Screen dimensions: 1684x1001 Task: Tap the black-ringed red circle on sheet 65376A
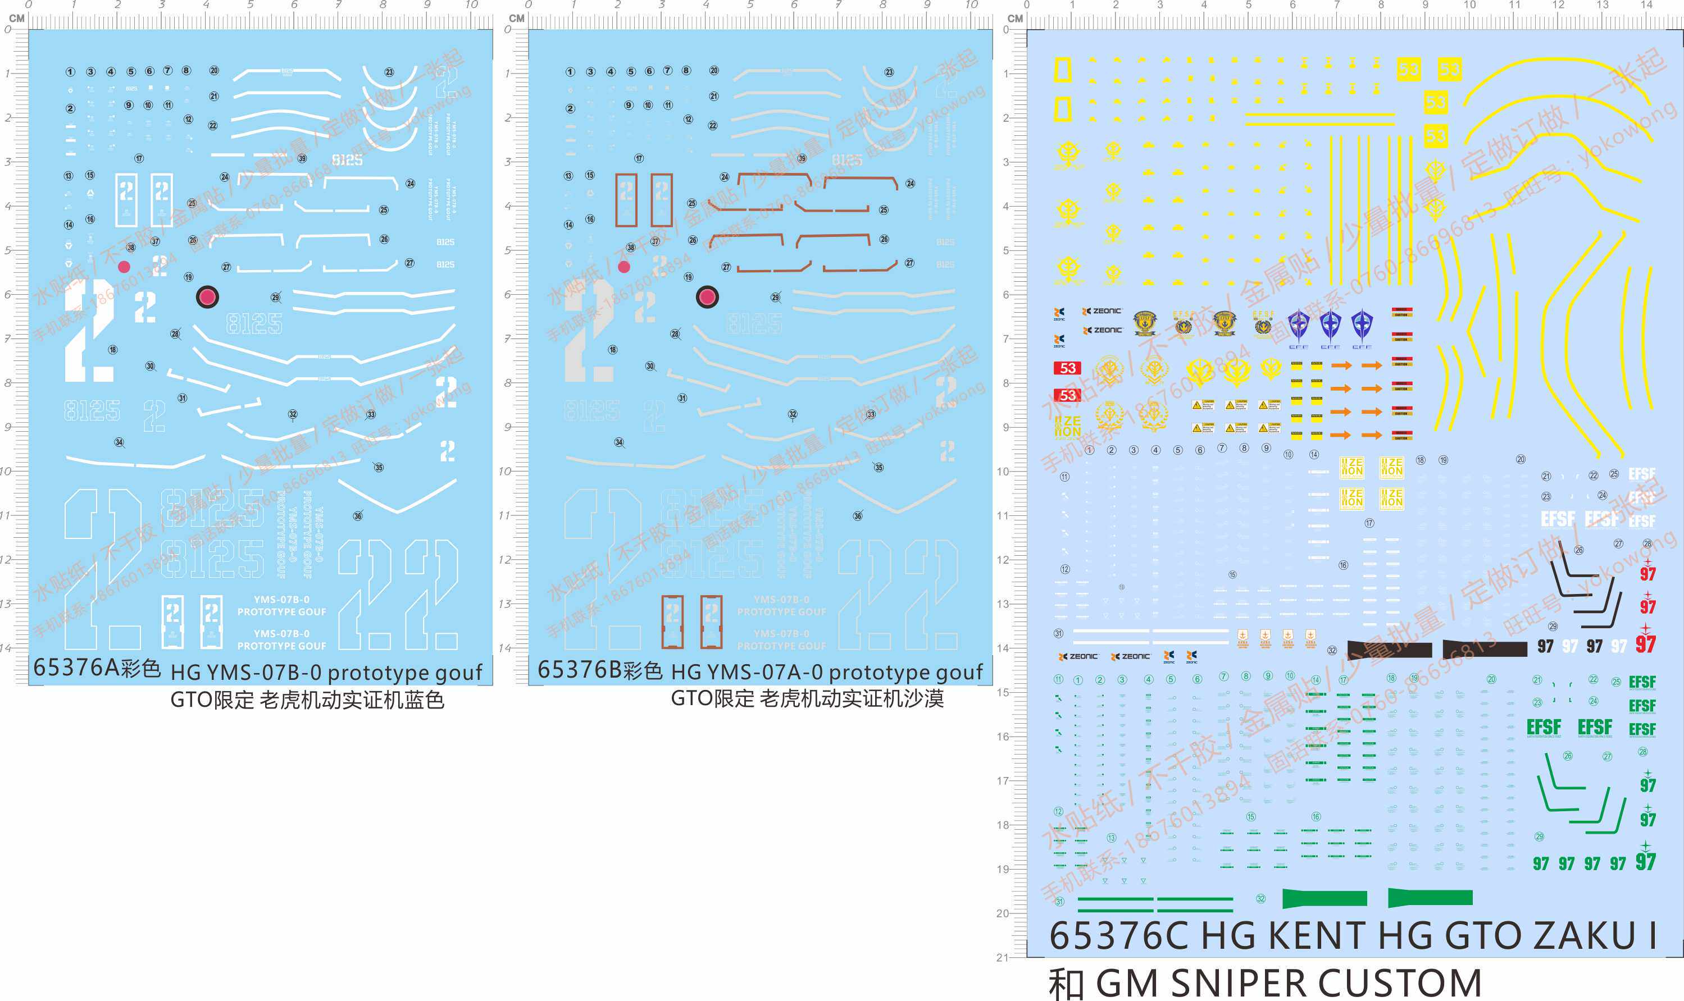click(207, 297)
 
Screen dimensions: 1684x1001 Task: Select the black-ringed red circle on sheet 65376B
click(707, 297)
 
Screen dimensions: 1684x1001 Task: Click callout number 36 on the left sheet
click(358, 516)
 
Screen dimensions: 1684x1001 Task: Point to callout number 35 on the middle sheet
click(879, 468)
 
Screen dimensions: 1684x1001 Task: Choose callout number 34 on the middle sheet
click(618, 442)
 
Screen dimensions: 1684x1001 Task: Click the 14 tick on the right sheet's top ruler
click(1646, 6)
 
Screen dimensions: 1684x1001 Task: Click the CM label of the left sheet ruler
click(17, 18)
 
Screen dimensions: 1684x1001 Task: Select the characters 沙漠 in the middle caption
click(923, 699)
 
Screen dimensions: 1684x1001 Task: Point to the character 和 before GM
click(1067, 983)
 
